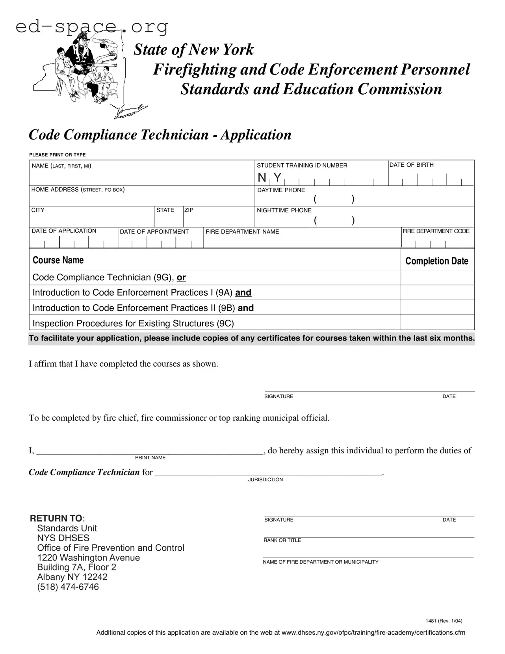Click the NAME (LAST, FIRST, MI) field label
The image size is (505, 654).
coord(61,166)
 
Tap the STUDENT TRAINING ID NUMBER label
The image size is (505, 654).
coord(302,166)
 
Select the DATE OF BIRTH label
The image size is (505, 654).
coord(411,165)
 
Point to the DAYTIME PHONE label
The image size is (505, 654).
coord(281,190)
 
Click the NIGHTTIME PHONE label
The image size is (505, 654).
coord(284,211)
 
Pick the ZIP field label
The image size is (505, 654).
coord(189,210)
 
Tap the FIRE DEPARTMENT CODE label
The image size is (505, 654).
coord(436,231)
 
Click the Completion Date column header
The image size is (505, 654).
coord(436,261)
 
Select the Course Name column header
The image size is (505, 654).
coord(58,260)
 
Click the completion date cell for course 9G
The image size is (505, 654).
coord(437,278)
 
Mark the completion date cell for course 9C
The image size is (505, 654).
coord(437,322)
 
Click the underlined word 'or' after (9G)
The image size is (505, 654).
coord(181,278)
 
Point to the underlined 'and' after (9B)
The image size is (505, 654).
coord(246,308)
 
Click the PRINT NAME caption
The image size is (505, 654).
coord(150,458)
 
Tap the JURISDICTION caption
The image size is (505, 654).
coord(265,480)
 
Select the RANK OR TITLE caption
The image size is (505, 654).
coord(282,540)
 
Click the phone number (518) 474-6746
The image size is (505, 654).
coord(68,587)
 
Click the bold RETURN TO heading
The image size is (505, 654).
coord(57,518)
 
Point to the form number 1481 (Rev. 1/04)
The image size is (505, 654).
coord(444,621)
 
